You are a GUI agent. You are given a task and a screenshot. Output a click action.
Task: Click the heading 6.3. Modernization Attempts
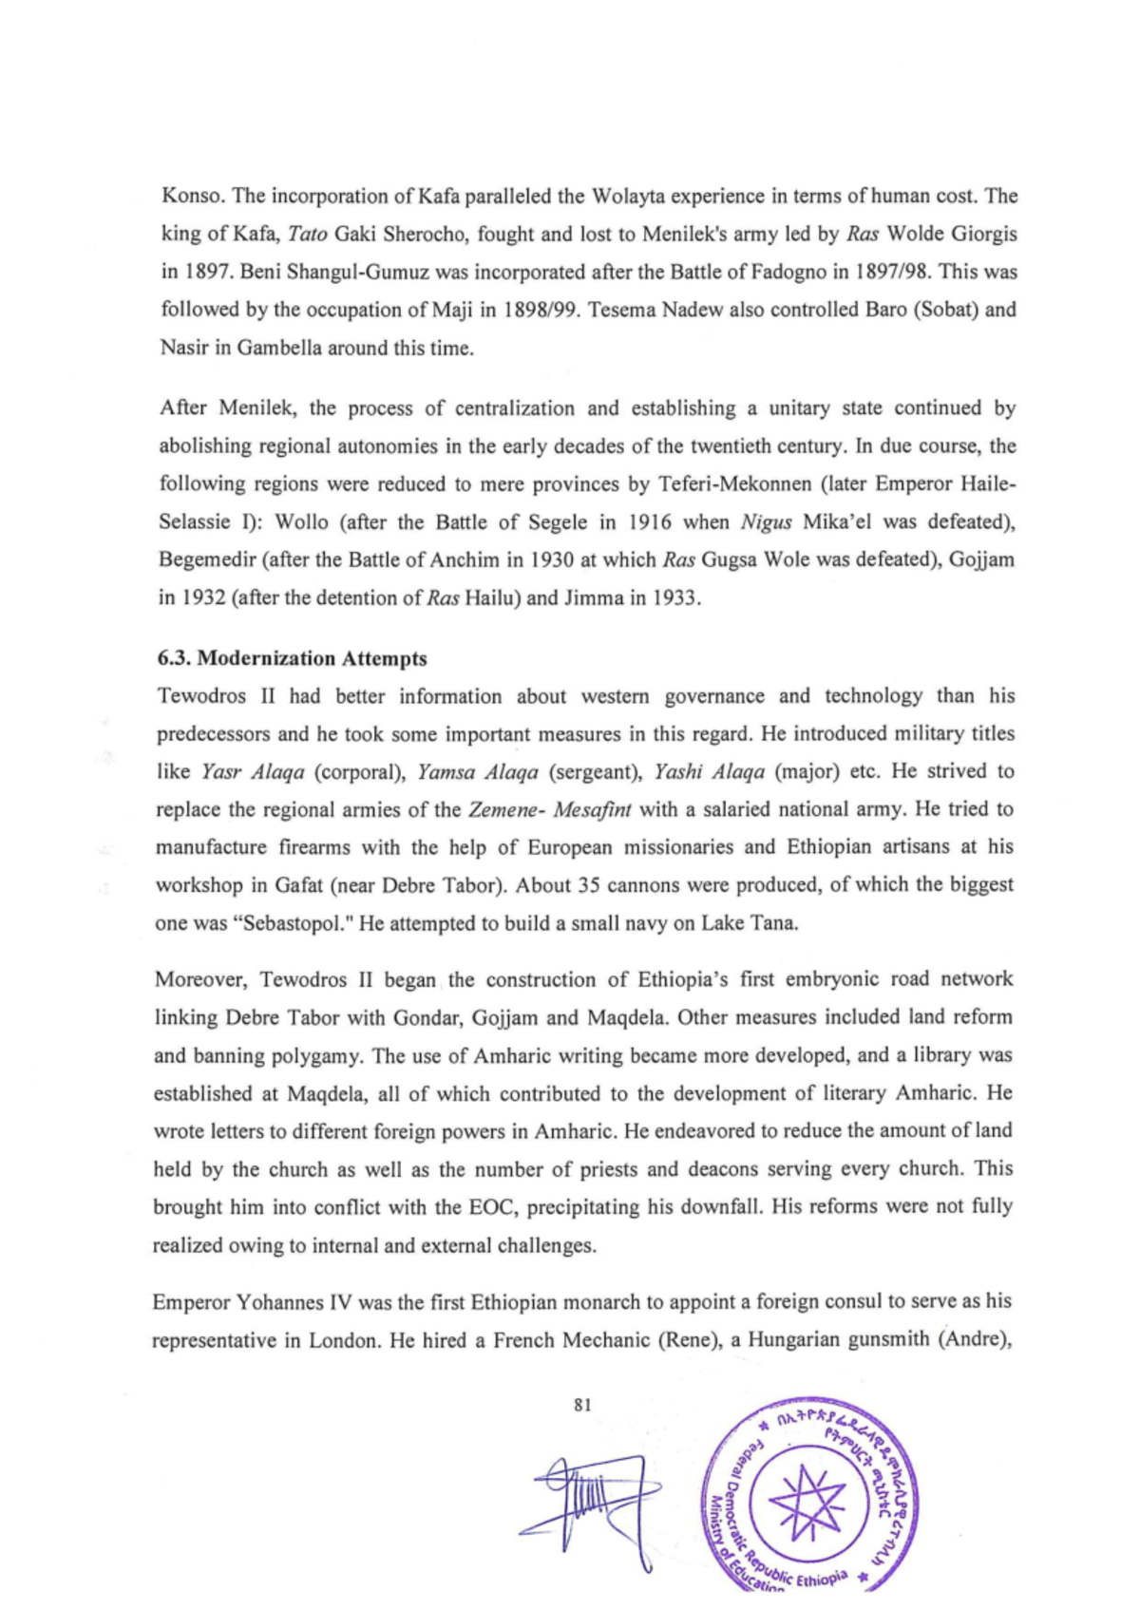tap(292, 658)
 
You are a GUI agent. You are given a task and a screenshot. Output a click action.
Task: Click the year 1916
tap(650, 521)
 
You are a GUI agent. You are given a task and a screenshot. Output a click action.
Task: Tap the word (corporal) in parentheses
tap(360, 771)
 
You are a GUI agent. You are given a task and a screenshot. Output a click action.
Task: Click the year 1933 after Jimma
tap(674, 597)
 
